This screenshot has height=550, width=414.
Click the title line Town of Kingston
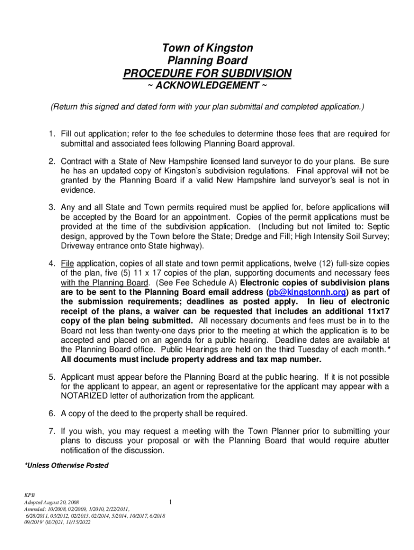[x=207, y=48]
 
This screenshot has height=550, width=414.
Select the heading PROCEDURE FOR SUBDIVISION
[x=207, y=73]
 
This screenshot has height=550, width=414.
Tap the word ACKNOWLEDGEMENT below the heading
[x=207, y=86]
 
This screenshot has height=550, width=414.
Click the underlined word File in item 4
[x=67, y=263]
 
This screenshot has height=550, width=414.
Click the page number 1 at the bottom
[x=170, y=502]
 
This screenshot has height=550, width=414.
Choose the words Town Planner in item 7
[x=272, y=431]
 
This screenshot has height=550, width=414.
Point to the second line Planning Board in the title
[x=207, y=60]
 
